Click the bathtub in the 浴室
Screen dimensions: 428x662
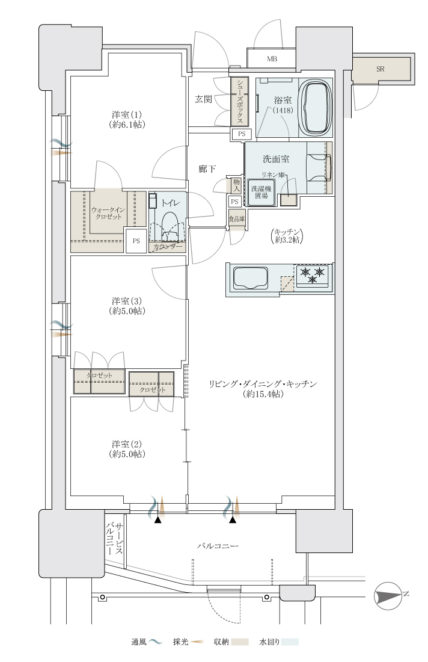[316, 107]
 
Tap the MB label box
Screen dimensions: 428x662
[271, 59]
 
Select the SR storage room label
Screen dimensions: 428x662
[381, 69]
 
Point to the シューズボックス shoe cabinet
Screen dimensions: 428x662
[239, 101]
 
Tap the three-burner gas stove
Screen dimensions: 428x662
[313, 276]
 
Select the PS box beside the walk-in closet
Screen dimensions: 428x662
[136, 241]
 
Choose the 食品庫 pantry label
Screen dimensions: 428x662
[237, 219]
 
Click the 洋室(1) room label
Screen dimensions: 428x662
[126, 120]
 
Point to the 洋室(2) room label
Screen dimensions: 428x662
[126, 449]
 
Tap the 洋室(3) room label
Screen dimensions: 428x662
[126, 306]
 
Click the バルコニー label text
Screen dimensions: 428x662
[218, 546]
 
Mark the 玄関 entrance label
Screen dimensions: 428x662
[203, 100]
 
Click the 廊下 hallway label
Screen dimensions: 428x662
[207, 169]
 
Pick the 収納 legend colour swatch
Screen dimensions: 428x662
[240, 642]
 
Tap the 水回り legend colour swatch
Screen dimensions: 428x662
[290, 642]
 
